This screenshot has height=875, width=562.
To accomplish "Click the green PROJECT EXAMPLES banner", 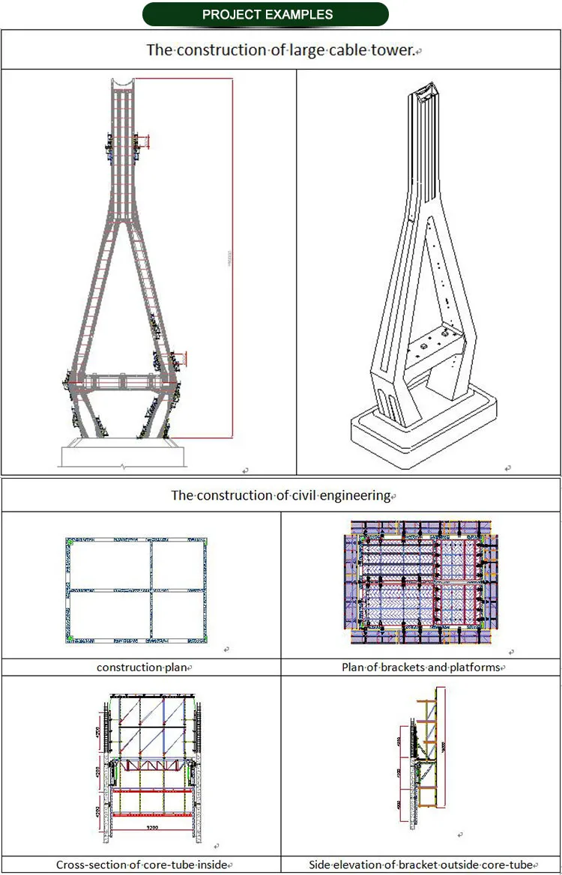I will pos(268,14).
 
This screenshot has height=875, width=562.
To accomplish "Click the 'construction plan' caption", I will pos(141,667).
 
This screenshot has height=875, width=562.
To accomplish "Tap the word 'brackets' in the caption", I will pos(399,667).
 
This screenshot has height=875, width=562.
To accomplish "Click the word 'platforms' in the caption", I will pos(471,667).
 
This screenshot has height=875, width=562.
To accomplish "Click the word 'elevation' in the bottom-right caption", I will pos(364,865).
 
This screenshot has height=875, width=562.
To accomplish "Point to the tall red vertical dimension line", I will pos(232,255).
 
